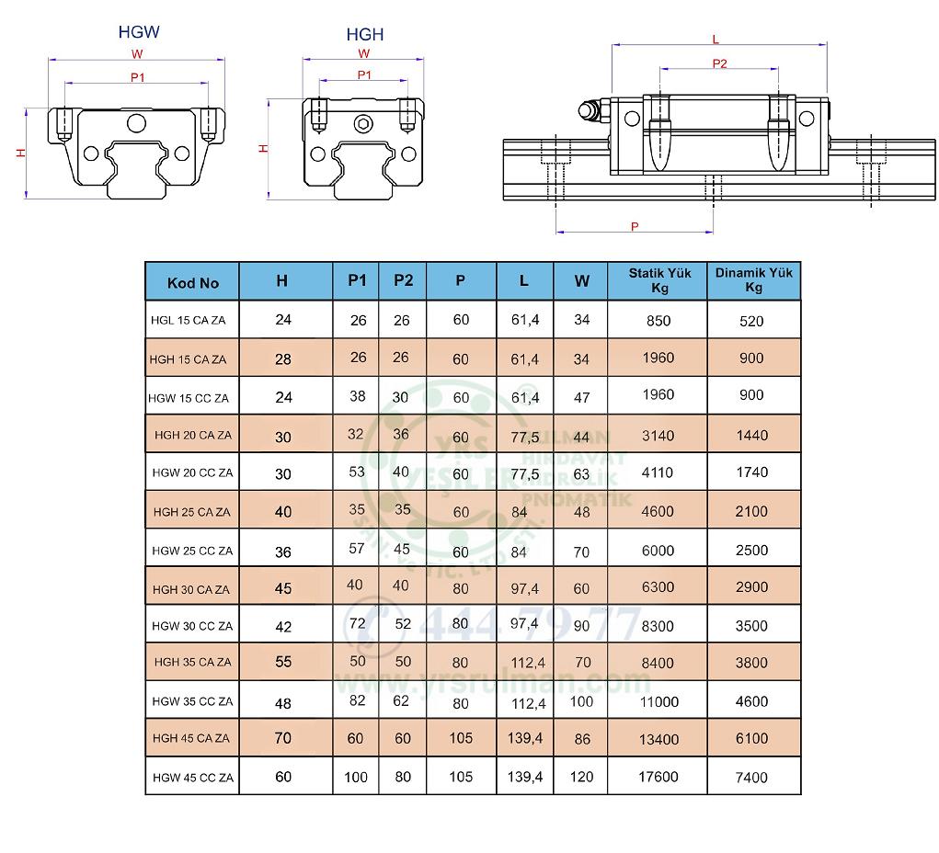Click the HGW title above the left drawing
click(139, 32)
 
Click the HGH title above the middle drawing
click(365, 35)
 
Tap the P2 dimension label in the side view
click(719, 63)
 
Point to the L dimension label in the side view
click(716, 40)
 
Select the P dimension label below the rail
click(635, 225)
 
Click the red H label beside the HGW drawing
click(21, 154)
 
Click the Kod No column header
click(193, 282)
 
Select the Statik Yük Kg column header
click(658, 279)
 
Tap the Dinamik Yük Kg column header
click(753, 279)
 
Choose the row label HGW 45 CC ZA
click(193, 778)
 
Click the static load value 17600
click(658, 777)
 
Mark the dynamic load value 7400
click(751, 778)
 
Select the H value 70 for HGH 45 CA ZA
click(283, 738)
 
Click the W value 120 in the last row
click(580, 777)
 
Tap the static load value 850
click(658, 321)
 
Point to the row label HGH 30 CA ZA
click(192, 589)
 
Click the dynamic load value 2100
click(751, 512)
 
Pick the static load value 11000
click(659, 702)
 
